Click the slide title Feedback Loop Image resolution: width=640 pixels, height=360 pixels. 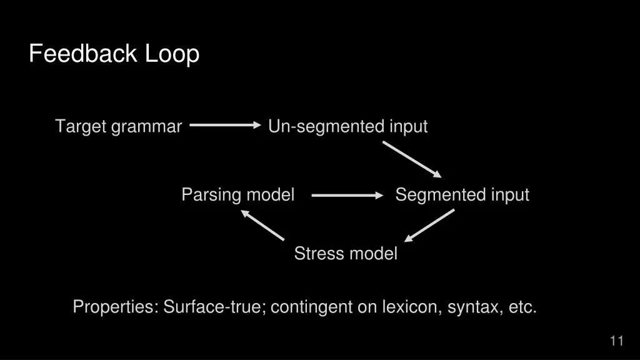[114, 54]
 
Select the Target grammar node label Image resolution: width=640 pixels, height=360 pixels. [118, 127]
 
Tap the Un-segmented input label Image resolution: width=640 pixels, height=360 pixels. [347, 127]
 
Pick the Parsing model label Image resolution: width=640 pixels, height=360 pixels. [237, 195]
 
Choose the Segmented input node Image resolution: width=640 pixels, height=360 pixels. [462, 195]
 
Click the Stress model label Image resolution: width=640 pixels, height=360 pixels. [346, 254]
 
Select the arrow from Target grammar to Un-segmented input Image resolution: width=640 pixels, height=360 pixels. [225, 125]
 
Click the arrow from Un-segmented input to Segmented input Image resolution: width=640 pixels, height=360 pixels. [412, 159]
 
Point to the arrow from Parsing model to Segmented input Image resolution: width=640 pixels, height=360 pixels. [347, 196]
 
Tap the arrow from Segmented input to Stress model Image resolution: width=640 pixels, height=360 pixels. [429, 226]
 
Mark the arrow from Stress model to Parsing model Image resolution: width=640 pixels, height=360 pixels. [262, 226]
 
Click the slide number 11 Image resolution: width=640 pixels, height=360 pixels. [616, 341]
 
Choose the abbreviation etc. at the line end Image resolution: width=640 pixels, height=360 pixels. [522, 307]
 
